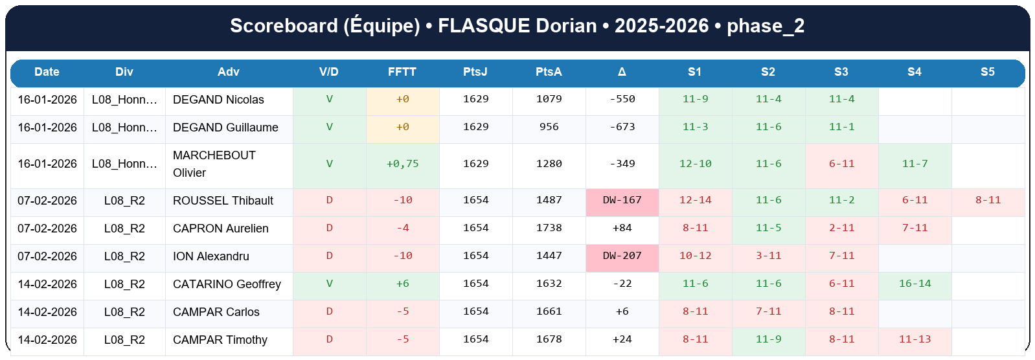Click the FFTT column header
pos(402,72)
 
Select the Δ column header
pos(622,72)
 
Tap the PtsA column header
pos(549,72)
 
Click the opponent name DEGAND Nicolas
pos(218,100)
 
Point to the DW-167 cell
pos(622,200)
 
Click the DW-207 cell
pos(622,256)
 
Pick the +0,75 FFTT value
pos(402,164)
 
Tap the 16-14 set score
pos(915,284)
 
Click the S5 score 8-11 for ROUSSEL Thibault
pos(988,200)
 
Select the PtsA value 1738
pos(549,228)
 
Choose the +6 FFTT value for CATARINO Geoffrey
pos(402,284)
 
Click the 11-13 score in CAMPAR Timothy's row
pos(915,339)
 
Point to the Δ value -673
pos(622,127)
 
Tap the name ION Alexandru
pos(210,256)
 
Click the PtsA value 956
pos(549,127)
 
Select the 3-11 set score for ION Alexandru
pos(768,256)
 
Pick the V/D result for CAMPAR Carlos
pos(329,311)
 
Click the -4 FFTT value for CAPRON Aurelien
pos(402,228)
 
